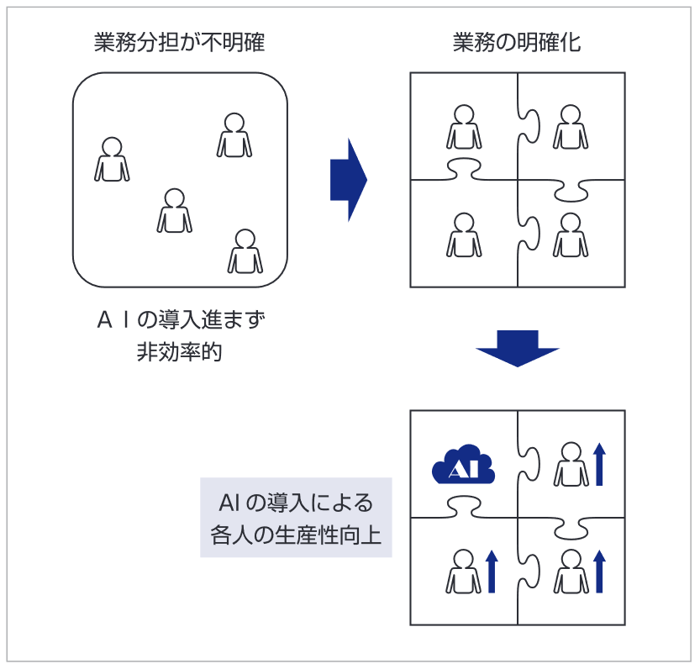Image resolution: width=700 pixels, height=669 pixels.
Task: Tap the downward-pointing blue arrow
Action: [x=517, y=346]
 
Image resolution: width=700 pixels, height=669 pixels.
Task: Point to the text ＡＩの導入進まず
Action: [x=180, y=320]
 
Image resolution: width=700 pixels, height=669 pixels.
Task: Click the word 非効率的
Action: [x=180, y=352]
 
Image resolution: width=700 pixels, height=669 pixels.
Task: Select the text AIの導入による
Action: [x=296, y=503]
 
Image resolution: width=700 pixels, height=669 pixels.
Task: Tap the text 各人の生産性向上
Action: [x=296, y=535]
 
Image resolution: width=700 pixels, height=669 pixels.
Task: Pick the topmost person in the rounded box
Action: [x=234, y=135]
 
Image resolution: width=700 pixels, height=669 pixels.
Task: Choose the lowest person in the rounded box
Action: [x=245, y=251]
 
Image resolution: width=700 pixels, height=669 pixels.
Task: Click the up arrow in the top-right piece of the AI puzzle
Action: [x=599, y=465]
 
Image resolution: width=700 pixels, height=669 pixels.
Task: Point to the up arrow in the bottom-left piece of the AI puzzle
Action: [x=492, y=572]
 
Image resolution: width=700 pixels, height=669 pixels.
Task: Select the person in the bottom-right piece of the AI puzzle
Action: [x=571, y=572]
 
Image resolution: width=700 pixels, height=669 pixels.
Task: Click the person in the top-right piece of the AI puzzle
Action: [x=571, y=465]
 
